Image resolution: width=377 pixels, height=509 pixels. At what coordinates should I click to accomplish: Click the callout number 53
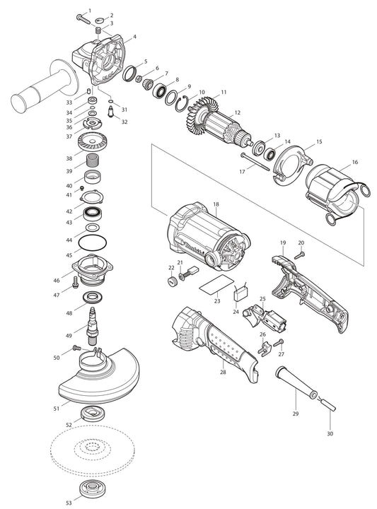tap(69, 503)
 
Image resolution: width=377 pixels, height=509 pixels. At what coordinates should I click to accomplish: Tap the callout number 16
tap(354, 162)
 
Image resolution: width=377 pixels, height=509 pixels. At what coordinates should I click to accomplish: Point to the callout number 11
tap(224, 93)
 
